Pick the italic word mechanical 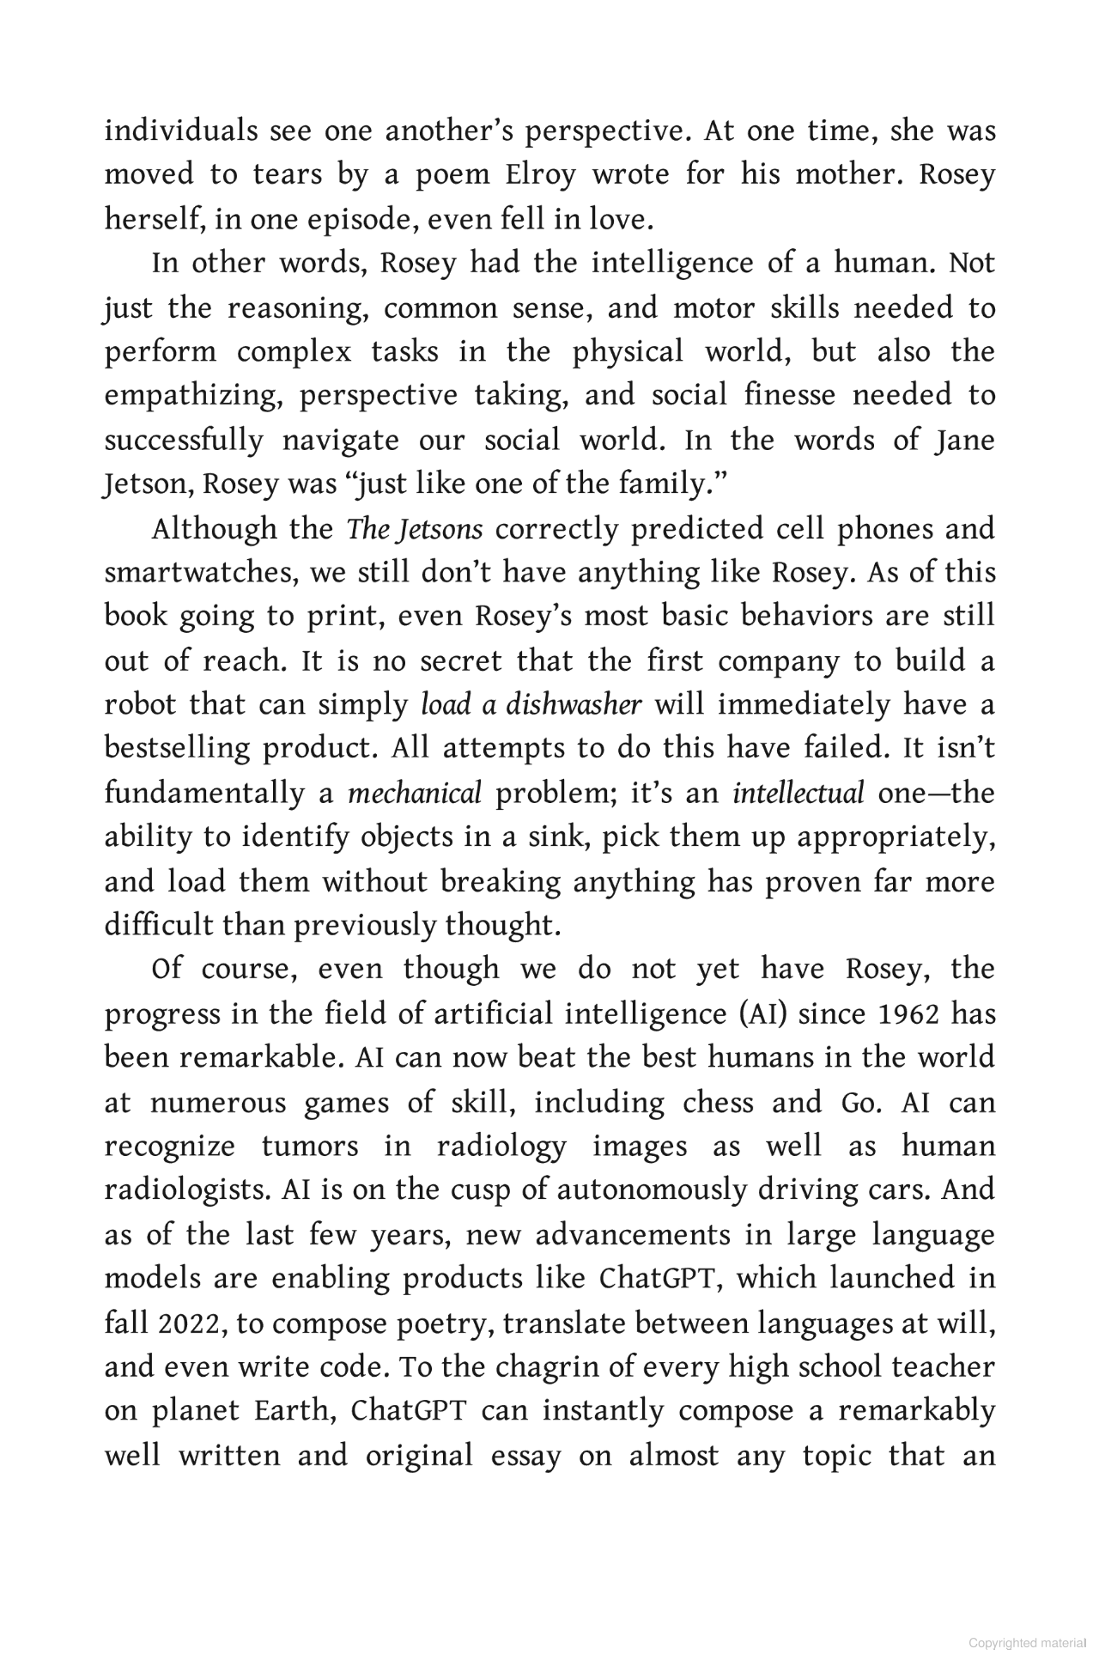pyautogui.click(x=414, y=794)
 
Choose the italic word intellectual pyautogui.click(x=798, y=794)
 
